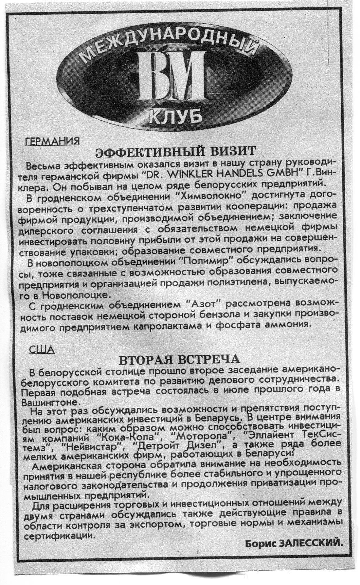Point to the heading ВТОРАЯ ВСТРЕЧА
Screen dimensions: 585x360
(x=177, y=359)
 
